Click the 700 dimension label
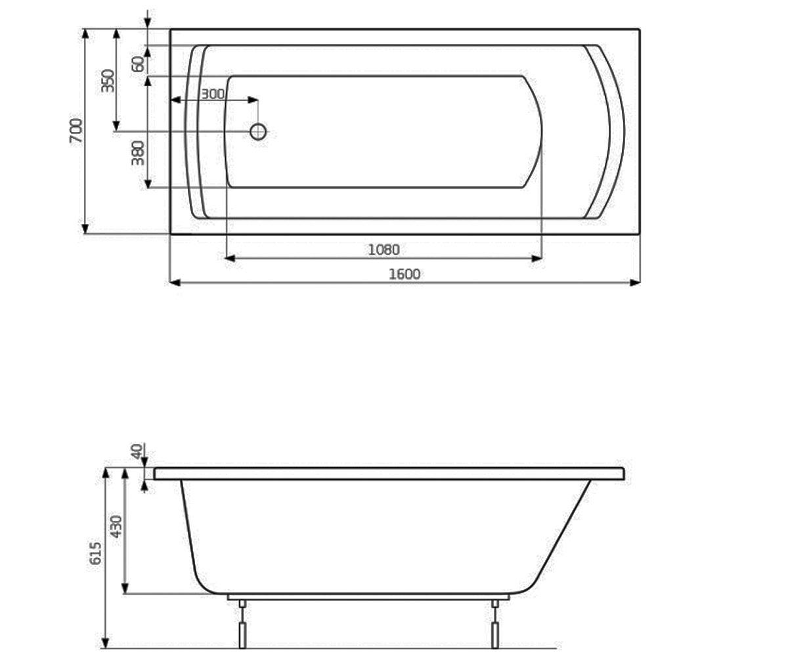[76, 131]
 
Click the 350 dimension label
[108, 81]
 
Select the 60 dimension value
[138, 64]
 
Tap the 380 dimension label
[138, 153]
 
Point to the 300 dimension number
[213, 94]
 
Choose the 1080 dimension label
[383, 250]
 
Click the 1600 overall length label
[405, 274]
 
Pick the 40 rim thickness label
[137, 451]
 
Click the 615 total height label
[95, 553]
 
